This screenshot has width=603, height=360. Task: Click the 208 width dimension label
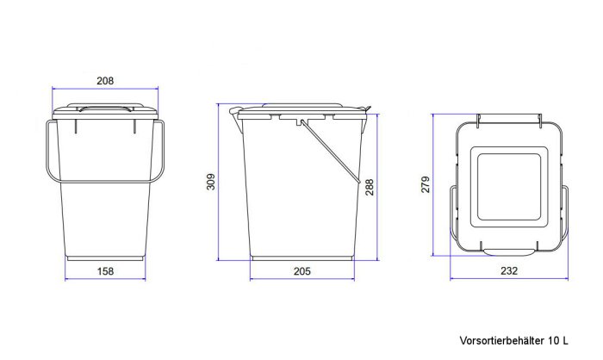pos(105,81)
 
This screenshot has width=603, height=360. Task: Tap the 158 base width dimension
pos(105,271)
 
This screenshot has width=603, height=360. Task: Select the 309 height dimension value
pos(211,182)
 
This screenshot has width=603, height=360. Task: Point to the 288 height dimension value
pos(370,187)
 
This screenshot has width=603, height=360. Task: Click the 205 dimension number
pos(301,271)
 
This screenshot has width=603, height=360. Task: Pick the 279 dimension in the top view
pos(426,184)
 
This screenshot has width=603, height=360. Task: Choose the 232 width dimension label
pos(509,271)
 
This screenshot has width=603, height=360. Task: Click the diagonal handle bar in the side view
pos(330,152)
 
